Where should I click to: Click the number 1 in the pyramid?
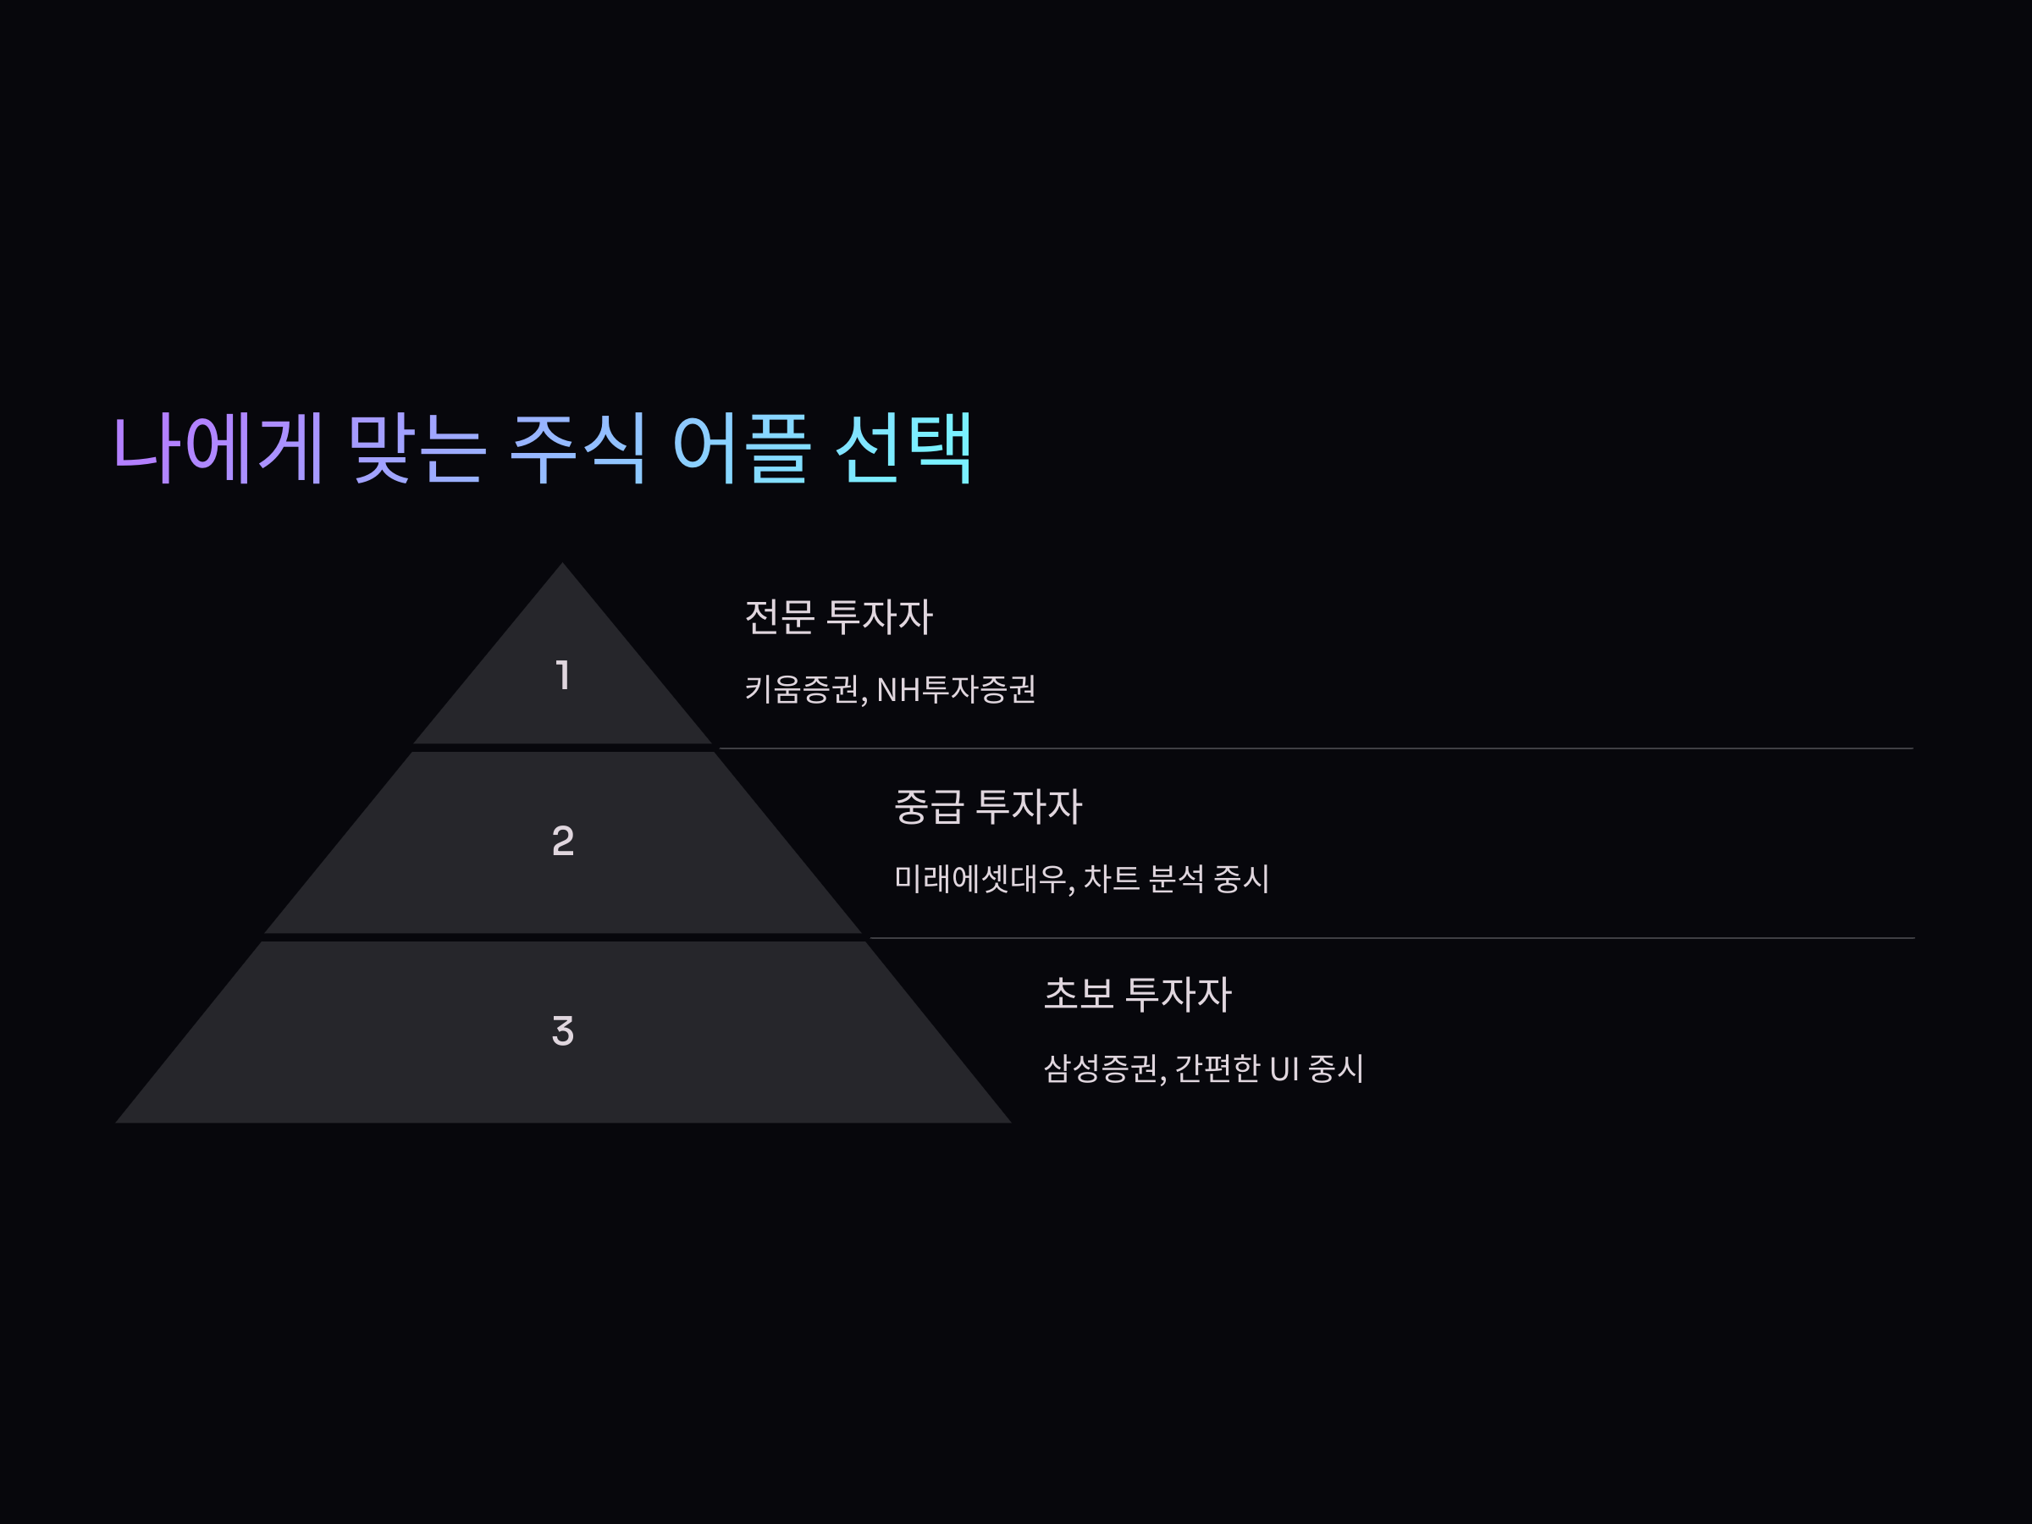coord(563,675)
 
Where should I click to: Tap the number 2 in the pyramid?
coord(563,841)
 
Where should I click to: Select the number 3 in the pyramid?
coord(563,1030)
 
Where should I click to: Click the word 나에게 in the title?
coord(218,448)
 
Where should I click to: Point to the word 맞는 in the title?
coord(417,448)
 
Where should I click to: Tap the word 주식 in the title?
coord(579,448)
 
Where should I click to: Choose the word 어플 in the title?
coord(742,448)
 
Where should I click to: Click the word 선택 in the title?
coord(904,448)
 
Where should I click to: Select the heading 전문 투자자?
coord(838,616)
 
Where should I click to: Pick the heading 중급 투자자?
coord(987,807)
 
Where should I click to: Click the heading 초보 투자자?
coord(1137,994)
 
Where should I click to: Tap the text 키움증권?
coord(802,689)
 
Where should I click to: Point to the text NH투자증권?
coord(955,689)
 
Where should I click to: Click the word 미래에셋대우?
coord(980,879)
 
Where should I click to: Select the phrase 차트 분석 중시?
coord(1176,879)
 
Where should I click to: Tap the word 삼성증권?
coord(1100,1068)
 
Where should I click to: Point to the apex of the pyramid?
coord(562,566)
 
